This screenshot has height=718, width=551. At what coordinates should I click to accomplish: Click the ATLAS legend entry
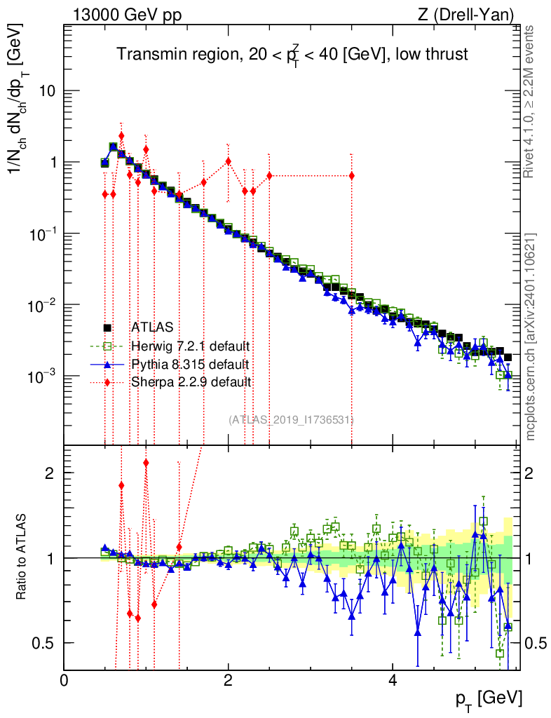[x=151, y=327]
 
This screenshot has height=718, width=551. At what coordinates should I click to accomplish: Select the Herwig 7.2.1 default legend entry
[x=190, y=346]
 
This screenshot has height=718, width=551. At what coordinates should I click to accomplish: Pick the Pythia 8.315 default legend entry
[x=189, y=364]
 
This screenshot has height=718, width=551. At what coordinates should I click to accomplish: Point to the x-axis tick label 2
[x=229, y=680]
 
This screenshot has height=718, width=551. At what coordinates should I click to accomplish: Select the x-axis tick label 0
[x=64, y=680]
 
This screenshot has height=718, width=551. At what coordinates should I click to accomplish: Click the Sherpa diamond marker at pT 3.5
[x=351, y=175]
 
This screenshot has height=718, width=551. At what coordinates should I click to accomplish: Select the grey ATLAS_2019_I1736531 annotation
[x=291, y=419]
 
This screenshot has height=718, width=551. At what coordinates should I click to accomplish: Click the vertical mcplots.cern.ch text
[x=532, y=336]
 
